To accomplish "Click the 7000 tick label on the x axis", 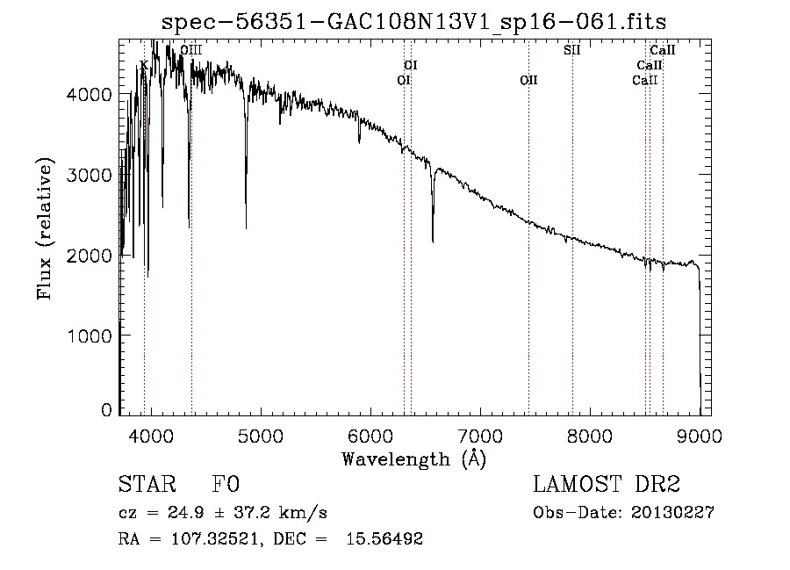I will [479, 435].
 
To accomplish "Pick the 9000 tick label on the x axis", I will [700, 435].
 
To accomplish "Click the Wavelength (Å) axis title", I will [413, 458].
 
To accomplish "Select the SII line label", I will [571, 49].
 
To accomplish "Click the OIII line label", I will [191, 51].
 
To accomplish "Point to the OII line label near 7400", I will [528, 80].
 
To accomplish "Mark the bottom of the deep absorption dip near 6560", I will [433, 241].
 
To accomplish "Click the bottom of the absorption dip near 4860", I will [246, 227].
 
